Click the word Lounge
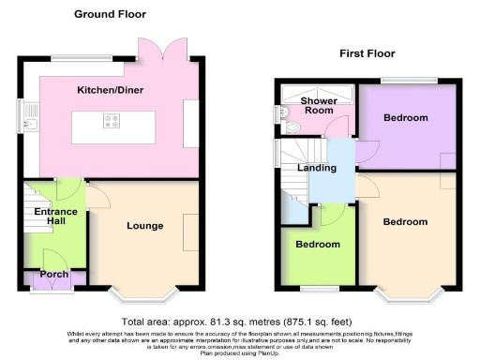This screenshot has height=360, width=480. [x=145, y=225]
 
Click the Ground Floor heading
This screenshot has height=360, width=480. [x=110, y=15]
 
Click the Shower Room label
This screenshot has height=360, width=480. [x=319, y=105]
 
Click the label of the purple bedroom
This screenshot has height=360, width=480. [x=406, y=118]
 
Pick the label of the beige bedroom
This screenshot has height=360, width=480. [x=406, y=222]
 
